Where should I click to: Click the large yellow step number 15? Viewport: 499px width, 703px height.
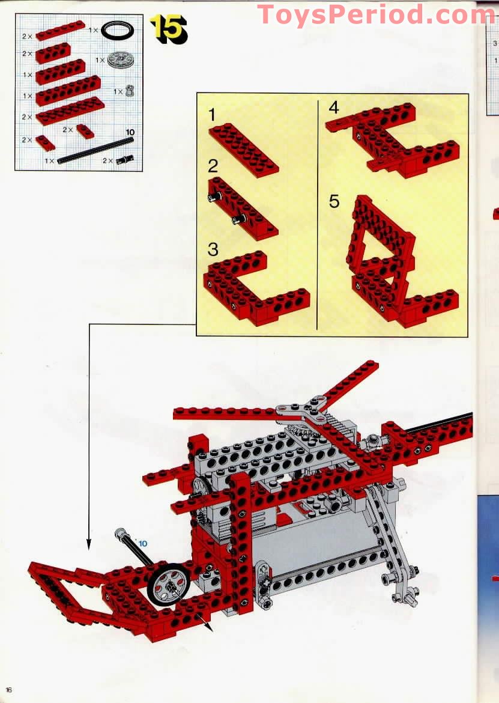pyautogui.click(x=168, y=29)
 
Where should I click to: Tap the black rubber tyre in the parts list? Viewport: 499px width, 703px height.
pyautogui.click(x=118, y=31)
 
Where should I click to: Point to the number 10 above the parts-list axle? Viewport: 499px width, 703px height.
pyautogui.click(x=130, y=132)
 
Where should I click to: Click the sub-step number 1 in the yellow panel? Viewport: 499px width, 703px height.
pyautogui.click(x=213, y=115)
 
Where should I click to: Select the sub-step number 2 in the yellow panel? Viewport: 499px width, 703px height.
pyautogui.click(x=213, y=166)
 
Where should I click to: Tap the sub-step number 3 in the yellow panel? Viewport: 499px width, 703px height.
pyautogui.click(x=213, y=249)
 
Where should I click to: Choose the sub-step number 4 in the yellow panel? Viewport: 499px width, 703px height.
pyautogui.click(x=334, y=108)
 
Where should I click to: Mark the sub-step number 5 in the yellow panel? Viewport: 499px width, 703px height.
pyautogui.click(x=334, y=201)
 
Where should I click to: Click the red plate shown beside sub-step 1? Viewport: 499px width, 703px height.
pyautogui.click(x=244, y=150)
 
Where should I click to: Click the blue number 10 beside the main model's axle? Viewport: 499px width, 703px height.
pyautogui.click(x=142, y=544)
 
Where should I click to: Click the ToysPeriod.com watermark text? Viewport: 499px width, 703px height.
pyautogui.click(x=377, y=14)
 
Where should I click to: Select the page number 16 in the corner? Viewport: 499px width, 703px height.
pyautogui.click(x=8, y=689)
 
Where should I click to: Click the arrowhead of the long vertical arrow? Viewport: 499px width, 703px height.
pyautogui.click(x=89, y=545)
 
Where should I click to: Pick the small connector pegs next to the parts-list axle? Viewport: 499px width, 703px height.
pyautogui.click(x=125, y=159)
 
